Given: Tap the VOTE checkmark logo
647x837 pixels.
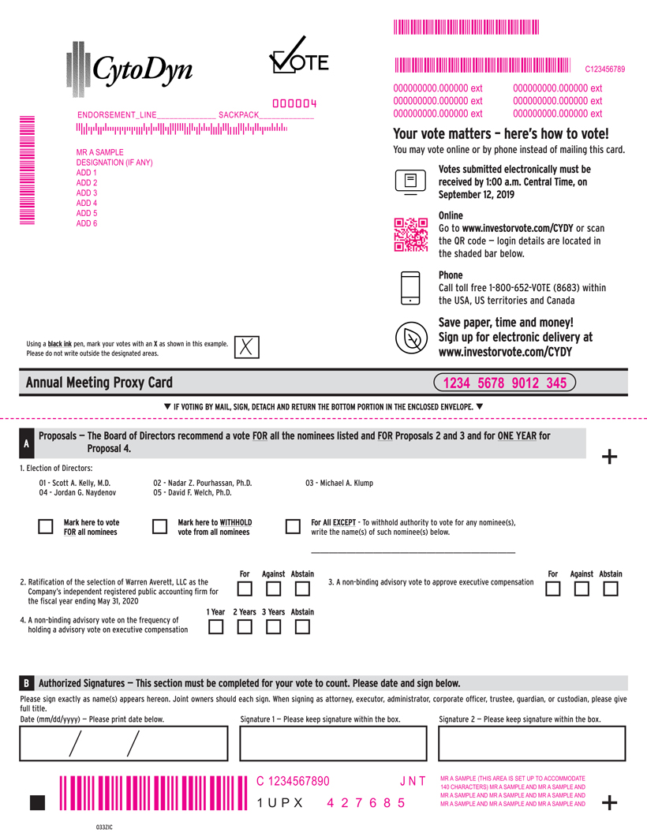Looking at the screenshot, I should click(x=297, y=58).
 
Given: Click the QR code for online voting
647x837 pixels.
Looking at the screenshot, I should click(x=410, y=234).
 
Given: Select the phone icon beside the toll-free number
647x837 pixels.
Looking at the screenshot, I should click(x=410, y=288).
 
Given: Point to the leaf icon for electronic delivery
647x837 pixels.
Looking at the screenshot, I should click(x=410, y=338).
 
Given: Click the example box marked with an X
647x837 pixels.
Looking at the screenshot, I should click(x=247, y=347).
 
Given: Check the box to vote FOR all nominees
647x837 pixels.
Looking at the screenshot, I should click(x=47, y=527).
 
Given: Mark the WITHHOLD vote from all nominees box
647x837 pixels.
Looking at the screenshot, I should click(x=159, y=527).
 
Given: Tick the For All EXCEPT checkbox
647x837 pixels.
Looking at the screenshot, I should click(x=293, y=527).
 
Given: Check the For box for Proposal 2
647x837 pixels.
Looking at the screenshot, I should click(x=245, y=589).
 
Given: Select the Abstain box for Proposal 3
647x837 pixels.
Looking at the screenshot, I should click(x=610, y=589).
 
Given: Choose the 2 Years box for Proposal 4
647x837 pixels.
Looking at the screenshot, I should click(x=245, y=627).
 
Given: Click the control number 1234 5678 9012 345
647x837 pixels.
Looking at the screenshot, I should click(x=505, y=383).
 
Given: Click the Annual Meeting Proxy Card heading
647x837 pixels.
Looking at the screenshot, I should click(x=99, y=383).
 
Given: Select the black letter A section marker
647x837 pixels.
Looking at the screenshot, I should click(x=26, y=444).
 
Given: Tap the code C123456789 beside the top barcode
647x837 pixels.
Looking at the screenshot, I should click(x=604, y=69).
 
